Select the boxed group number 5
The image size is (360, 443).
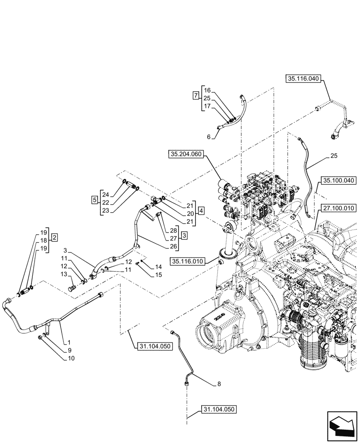pos(94,199)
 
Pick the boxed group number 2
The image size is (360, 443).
pos(54,237)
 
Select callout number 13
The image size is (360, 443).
pos(64,275)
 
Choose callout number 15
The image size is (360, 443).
pos(159,275)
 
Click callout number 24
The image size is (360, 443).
pos(105,194)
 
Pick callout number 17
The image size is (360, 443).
pos(207,107)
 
